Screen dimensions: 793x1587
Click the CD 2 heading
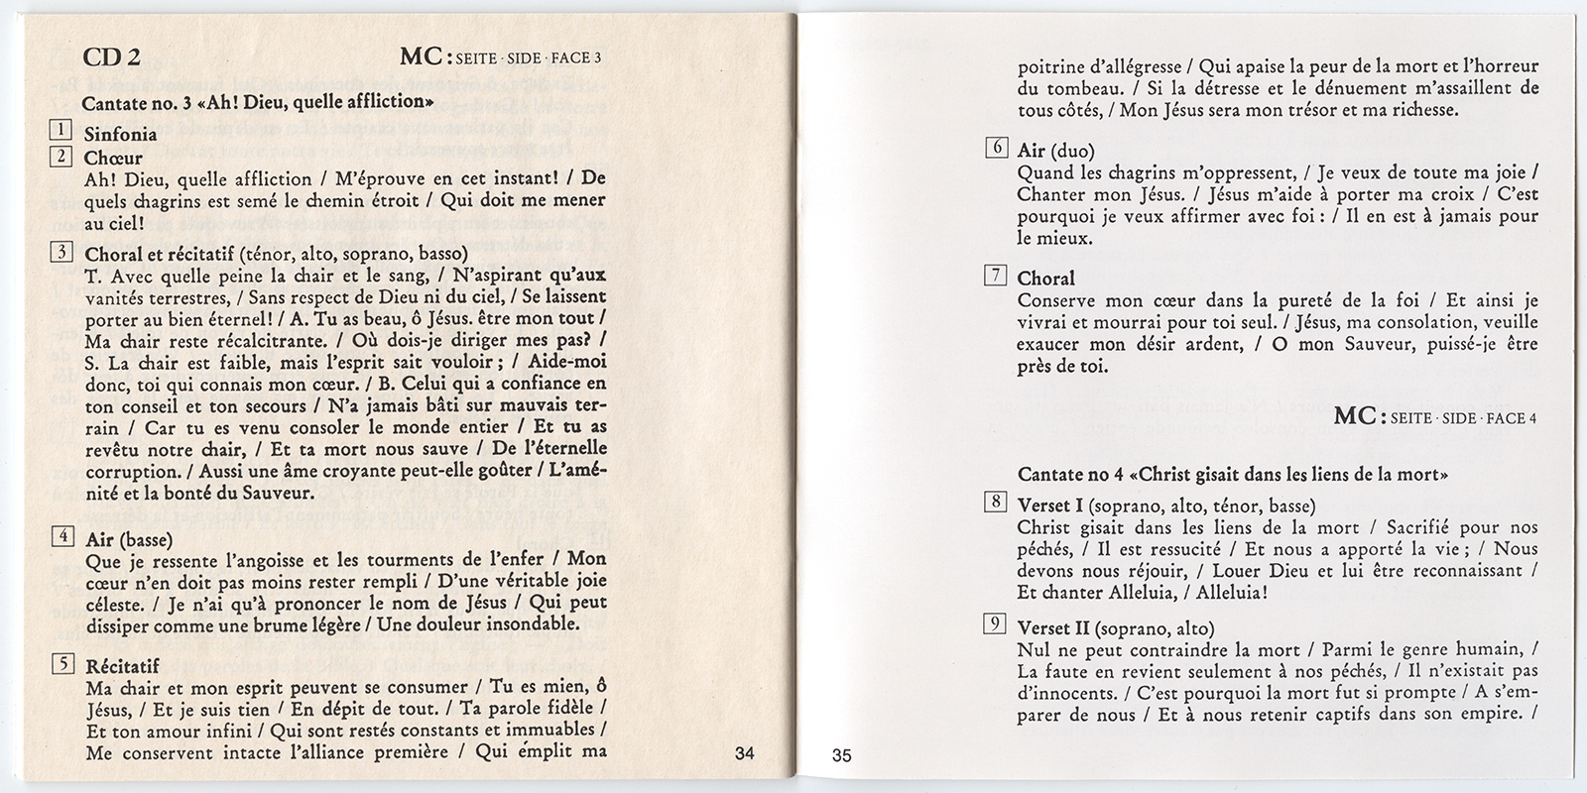coord(110,57)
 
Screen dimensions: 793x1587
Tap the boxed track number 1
coord(61,130)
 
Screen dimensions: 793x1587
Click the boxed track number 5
coord(61,663)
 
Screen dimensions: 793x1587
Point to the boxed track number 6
coord(995,149)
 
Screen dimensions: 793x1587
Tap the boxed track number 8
coord(995,503)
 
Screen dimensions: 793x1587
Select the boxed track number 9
coord(995,624)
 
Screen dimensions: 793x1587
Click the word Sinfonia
coord(121,134)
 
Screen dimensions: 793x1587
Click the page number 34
coord(745,753)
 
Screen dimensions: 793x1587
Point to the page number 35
coord(841,756)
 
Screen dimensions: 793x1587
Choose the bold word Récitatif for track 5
coord(123,666)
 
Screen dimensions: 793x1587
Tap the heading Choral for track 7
coord(1045,279)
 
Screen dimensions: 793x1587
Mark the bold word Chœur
coord(113,158)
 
